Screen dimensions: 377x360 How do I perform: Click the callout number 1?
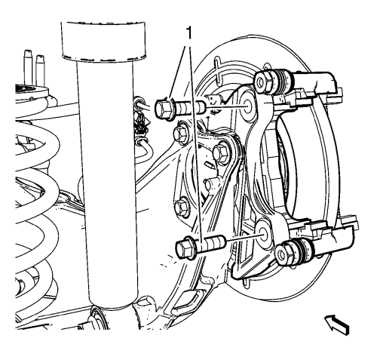pos(188,33)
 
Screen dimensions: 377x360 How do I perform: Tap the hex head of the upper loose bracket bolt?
pos(163,109)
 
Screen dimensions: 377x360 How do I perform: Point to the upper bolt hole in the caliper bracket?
pos(247,104)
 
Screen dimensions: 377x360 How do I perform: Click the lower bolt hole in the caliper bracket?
pos(263,233)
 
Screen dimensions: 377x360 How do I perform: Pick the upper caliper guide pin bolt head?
pos(263,81)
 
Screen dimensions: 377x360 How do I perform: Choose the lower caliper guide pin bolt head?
pos(284,253)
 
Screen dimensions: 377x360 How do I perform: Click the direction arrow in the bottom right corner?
pos(338,325)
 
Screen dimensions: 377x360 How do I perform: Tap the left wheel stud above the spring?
pos(27,68)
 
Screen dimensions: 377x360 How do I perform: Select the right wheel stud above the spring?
pos(40,71)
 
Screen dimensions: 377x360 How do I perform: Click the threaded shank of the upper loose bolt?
pos(189,107)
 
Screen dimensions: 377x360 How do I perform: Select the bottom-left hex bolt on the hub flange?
pos(182,207)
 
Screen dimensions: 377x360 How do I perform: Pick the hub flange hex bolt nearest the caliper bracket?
pos(222,152)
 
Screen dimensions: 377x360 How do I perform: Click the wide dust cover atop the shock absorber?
pos(103,42)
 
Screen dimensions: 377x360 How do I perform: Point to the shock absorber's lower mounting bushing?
pos(100,318)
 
